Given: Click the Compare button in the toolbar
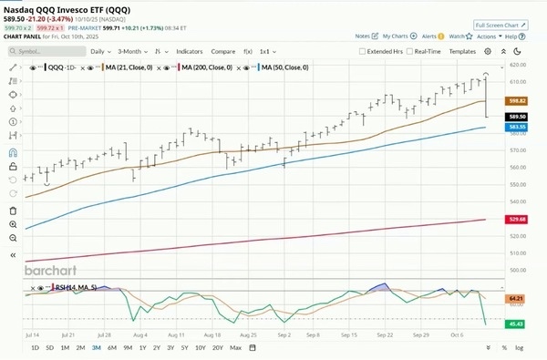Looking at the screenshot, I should (x=223, y=51).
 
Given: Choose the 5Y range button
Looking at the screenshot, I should (x=183, y=348).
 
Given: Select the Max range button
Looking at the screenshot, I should (x=236, y=348).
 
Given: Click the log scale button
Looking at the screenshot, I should (x=519, y=348).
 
